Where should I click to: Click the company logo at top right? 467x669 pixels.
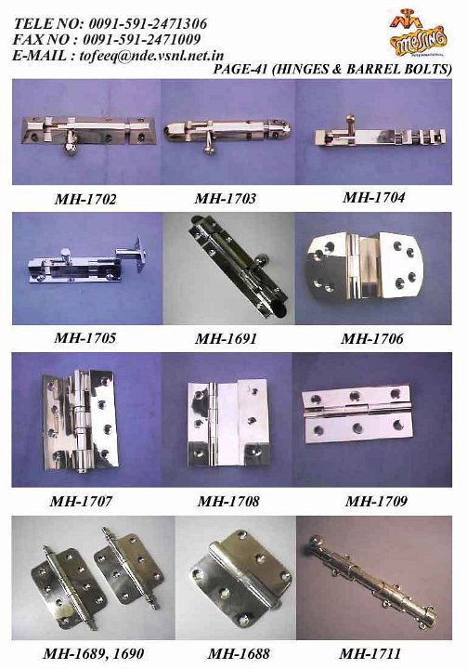point(416,34)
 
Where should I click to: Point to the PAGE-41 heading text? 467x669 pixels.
point(332,70)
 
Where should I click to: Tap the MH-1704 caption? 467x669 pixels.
point(373,197)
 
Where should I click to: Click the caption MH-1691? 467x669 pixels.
point(226,339)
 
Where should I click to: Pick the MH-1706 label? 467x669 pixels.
point(372,339)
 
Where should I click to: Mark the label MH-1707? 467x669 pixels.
point(82,502)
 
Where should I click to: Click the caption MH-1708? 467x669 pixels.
point(227,502)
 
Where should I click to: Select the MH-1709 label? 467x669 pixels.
point(375,502)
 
